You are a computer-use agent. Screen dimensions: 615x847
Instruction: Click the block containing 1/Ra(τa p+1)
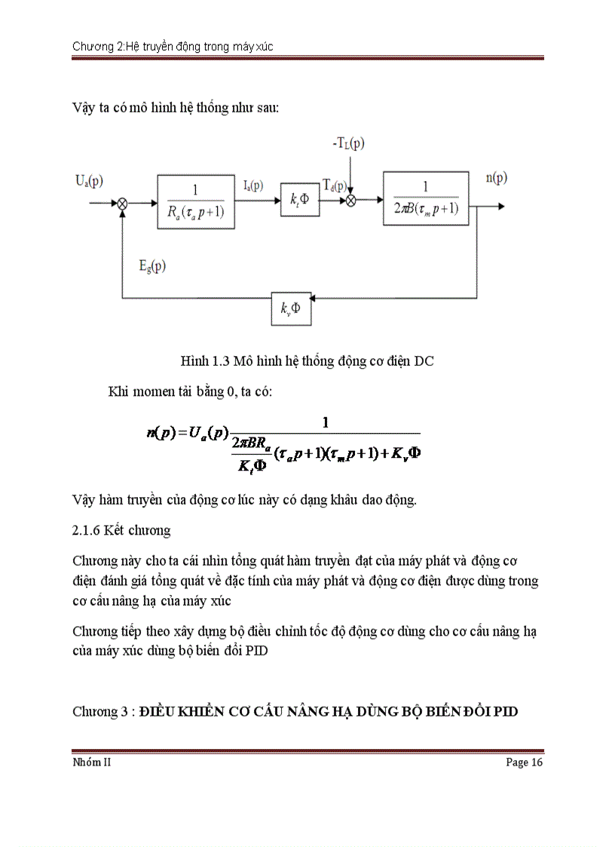coord(197,202)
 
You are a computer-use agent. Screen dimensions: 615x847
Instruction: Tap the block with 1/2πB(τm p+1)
coord(426,199)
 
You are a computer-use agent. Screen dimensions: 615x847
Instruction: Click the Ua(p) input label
coord(89,181)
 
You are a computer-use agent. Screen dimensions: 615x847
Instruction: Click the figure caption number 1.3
coord(221,361)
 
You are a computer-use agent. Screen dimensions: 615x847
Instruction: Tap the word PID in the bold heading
coord(505,711)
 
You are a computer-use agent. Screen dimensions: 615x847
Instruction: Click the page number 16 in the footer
coord(537,763)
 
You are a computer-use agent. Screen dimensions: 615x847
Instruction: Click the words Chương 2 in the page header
coord(95,47)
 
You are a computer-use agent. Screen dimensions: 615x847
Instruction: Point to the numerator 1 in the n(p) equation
coord(326,422)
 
